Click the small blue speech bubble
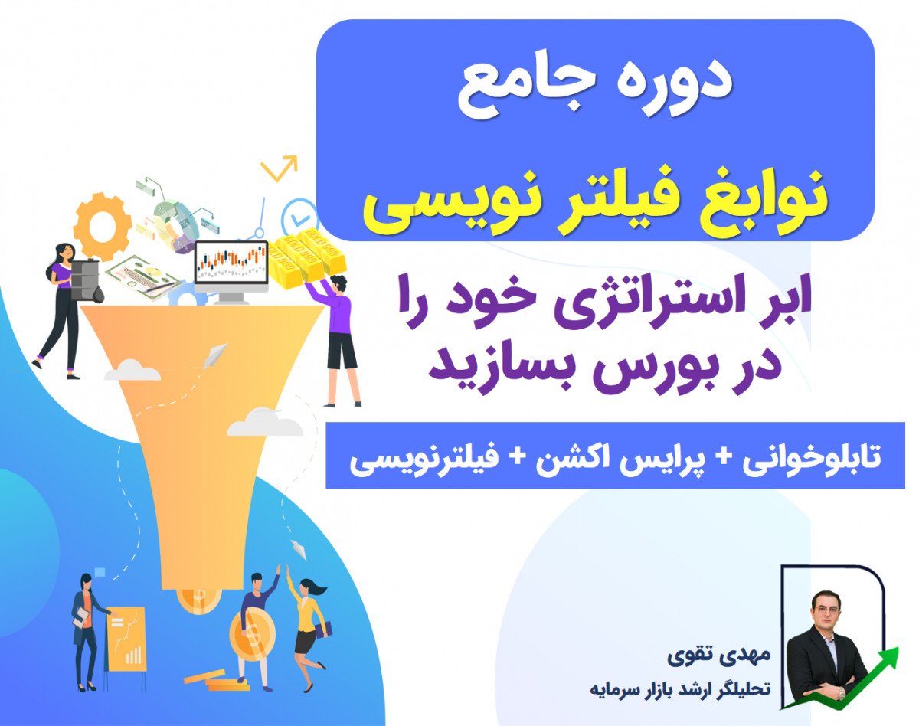tap(100, 571)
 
